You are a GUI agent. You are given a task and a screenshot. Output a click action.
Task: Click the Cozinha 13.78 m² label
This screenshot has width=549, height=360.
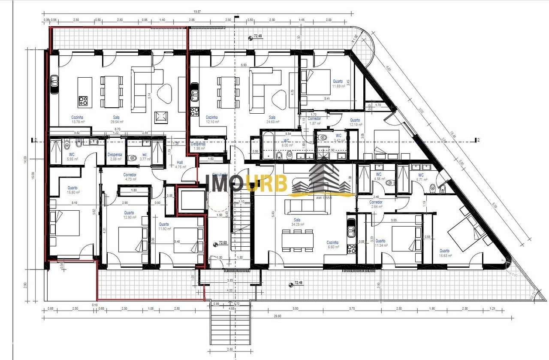[78, 119]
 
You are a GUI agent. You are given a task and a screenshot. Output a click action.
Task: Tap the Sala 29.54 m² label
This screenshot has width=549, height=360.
[116, 119]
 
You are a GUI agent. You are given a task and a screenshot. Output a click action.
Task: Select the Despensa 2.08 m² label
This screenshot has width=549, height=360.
[115, 157]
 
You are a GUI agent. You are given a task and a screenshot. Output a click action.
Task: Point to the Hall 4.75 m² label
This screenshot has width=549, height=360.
[180, 164]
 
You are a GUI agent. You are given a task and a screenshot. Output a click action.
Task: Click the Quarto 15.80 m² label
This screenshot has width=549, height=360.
[72, 190]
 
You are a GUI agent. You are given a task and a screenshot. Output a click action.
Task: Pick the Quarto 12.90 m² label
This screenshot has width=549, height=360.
[129, 215]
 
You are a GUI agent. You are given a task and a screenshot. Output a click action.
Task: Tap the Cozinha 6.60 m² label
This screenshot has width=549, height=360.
[333, 244]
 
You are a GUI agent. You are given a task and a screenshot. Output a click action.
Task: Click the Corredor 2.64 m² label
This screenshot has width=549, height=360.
[376, 204]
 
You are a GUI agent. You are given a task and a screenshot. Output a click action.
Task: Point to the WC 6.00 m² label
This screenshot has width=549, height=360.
[287, 143]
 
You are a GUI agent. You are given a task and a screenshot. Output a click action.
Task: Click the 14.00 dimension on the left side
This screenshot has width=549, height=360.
[26, 160]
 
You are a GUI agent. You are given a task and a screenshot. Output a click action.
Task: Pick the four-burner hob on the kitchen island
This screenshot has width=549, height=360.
[83, 101]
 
